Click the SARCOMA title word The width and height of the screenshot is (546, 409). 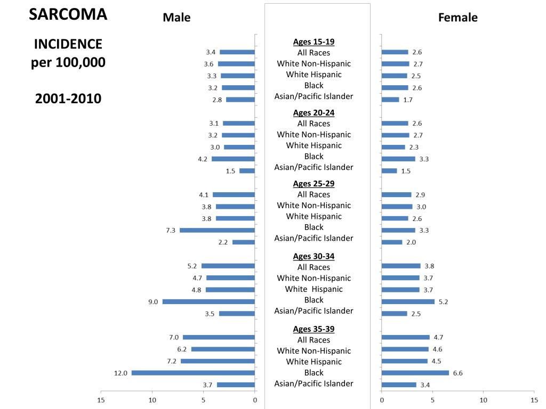point(68,15)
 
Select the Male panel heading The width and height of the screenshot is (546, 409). point(176,18)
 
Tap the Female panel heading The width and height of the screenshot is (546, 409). point(457,18)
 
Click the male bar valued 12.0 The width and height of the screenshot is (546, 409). point(193,373)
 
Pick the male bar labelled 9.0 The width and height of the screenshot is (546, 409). point(208,301)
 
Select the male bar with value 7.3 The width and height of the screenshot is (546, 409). point(217,230)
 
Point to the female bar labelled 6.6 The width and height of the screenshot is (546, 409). point(415,373)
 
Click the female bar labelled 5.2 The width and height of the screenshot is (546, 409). point(408,301)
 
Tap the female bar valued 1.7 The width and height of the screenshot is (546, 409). point(390,100)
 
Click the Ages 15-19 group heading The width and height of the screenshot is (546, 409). point(314,42)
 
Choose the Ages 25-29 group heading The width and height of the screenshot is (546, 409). point(314,184)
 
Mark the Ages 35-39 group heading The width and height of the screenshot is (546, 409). point(314,329)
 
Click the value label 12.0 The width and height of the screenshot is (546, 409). point(121,373)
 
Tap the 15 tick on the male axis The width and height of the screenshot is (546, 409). point(101,399)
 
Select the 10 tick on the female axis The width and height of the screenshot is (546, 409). point(483,399)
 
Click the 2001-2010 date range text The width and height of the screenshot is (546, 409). point(68,99)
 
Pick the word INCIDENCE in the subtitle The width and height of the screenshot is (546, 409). point(68,44)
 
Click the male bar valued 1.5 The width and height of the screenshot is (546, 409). point(247,170)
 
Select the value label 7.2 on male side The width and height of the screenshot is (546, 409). point(171,361)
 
